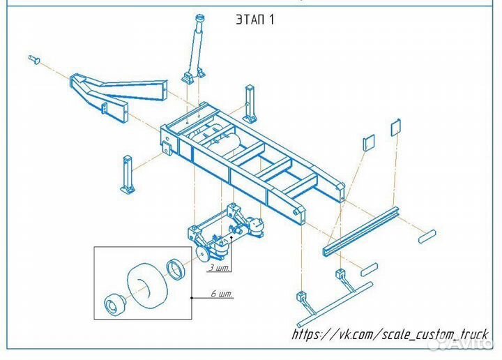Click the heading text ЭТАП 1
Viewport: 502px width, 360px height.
(255, 20)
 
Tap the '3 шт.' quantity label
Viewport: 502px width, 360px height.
(220, 268)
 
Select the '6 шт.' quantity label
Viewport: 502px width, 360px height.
(222, 294)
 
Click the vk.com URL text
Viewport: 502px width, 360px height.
(390, 334)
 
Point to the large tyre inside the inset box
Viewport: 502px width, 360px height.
(148, 286)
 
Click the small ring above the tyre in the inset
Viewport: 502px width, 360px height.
(176, 269)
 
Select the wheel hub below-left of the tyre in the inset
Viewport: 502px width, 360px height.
(115, 303)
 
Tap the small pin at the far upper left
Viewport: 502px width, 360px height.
(34, 59)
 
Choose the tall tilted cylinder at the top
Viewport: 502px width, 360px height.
(195, 49)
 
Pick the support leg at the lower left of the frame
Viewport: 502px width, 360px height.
(128, 174)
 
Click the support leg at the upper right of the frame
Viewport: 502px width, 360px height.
(250, 103)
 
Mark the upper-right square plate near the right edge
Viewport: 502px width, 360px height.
(396, 127)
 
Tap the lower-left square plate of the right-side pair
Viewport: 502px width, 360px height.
(369, 142)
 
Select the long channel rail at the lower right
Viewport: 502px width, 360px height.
(361, 231)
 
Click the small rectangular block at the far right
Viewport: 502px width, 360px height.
(427, 237)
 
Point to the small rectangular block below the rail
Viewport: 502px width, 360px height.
(369, 270)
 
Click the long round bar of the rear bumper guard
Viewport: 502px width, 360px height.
(335, 304)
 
